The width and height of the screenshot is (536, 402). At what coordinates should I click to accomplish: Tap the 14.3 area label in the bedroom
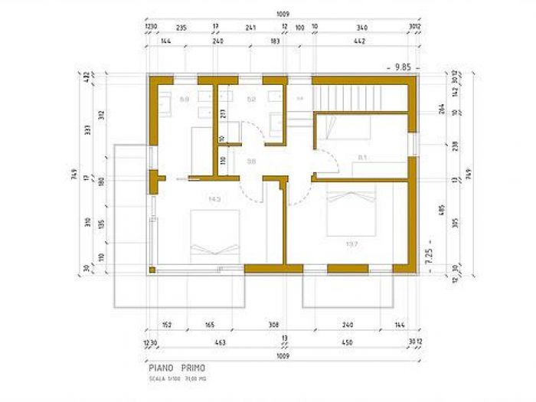215,199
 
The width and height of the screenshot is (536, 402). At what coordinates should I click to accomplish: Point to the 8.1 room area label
363,159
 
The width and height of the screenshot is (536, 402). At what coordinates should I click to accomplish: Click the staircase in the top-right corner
360,97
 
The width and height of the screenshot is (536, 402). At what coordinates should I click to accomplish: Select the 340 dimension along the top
362,28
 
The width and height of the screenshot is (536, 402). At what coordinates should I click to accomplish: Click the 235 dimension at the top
181,28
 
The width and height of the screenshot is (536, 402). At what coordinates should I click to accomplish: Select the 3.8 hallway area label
251,162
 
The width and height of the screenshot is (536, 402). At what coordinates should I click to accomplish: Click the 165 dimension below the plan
209,325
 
